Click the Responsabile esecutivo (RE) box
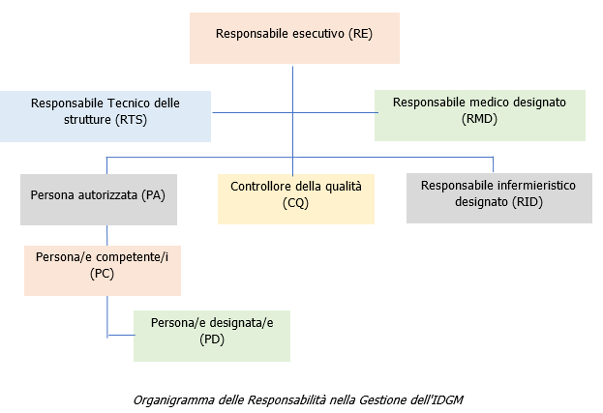(293, 39)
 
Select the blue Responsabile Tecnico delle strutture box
(106, 116)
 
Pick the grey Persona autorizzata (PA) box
(99, 199)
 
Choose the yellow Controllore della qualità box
(296, 198)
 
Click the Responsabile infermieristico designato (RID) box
(498, 198)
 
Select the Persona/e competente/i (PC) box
(103, 270)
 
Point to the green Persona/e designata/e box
(212, 336)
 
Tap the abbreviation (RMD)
(480, 120)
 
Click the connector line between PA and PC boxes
(106, 235)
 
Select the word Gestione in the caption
(394, 398)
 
